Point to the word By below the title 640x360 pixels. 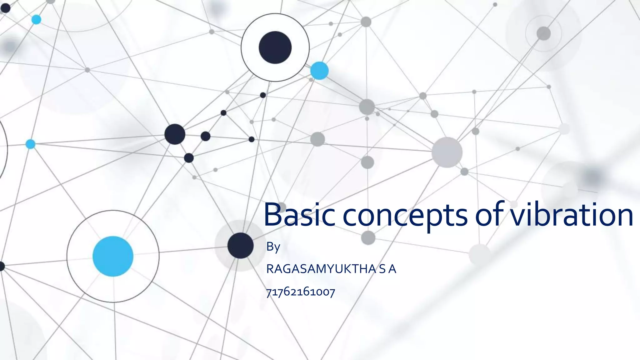pyautogui.click(x=273, y=247)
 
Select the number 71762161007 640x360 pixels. pyautogui.click(x=300, y=292)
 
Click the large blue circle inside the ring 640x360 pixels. pyautogui.click(x=113, y=256)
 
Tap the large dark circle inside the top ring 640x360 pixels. pyautogui.click(x=275, y=47)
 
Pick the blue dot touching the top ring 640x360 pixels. pyautogui.click(x=319, y=71)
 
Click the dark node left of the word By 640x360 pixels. pyautogui.click(x=240, y=246)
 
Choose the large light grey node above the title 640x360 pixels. pyautogui.click(x=447, y=152)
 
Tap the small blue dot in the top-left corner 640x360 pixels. pyautogui.click(x=36, y=19)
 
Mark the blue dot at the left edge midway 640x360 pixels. pyautogui.click(x=30, y=144)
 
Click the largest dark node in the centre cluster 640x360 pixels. pyautogui.click(x=175, y=134)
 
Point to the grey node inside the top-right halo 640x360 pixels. pyautogui.click(x=543, y=33)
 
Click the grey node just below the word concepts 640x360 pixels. pyautogui.click(x=368, y=237)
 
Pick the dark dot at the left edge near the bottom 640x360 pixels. pyautogui.click(x=2, y=266)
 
